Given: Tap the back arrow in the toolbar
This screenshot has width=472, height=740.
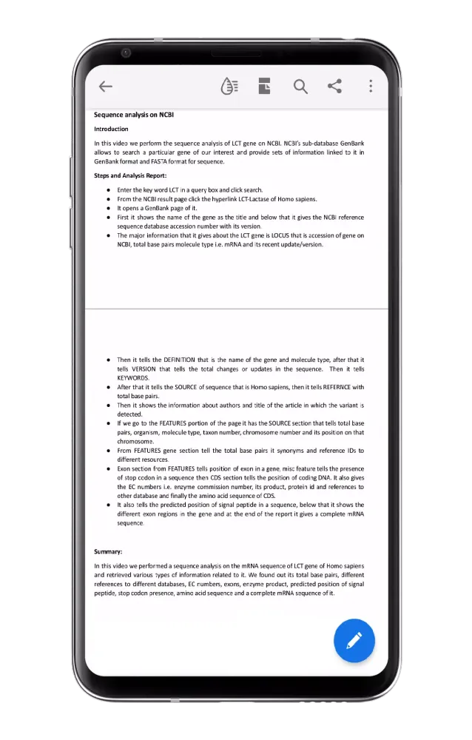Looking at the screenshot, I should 106,87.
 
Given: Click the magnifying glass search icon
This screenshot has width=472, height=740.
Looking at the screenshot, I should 300,87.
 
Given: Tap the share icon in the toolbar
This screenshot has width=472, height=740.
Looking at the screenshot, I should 335,86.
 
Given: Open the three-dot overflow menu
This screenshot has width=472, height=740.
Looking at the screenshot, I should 371,87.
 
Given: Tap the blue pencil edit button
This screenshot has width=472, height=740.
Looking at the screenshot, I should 354,640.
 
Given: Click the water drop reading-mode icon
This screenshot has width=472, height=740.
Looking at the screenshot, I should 229,87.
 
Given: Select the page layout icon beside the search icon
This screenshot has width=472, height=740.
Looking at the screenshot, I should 265,87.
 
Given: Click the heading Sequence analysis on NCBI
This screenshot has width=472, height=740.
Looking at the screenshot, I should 134,115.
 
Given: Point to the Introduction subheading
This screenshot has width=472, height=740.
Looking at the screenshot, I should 111,129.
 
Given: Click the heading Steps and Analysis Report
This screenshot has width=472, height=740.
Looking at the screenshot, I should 130,175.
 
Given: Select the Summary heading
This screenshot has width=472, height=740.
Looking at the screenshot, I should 108,551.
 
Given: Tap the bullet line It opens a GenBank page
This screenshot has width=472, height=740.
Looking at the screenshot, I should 157,208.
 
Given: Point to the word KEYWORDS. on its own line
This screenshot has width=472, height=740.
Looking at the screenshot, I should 133,377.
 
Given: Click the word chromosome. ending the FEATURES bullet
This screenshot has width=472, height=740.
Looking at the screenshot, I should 135,441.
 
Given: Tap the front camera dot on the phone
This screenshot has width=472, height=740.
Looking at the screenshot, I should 127,53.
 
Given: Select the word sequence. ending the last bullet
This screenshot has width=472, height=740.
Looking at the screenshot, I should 130,523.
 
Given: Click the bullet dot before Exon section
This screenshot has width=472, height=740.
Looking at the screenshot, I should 109,468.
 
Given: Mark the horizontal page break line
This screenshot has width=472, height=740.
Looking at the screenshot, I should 237,309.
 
